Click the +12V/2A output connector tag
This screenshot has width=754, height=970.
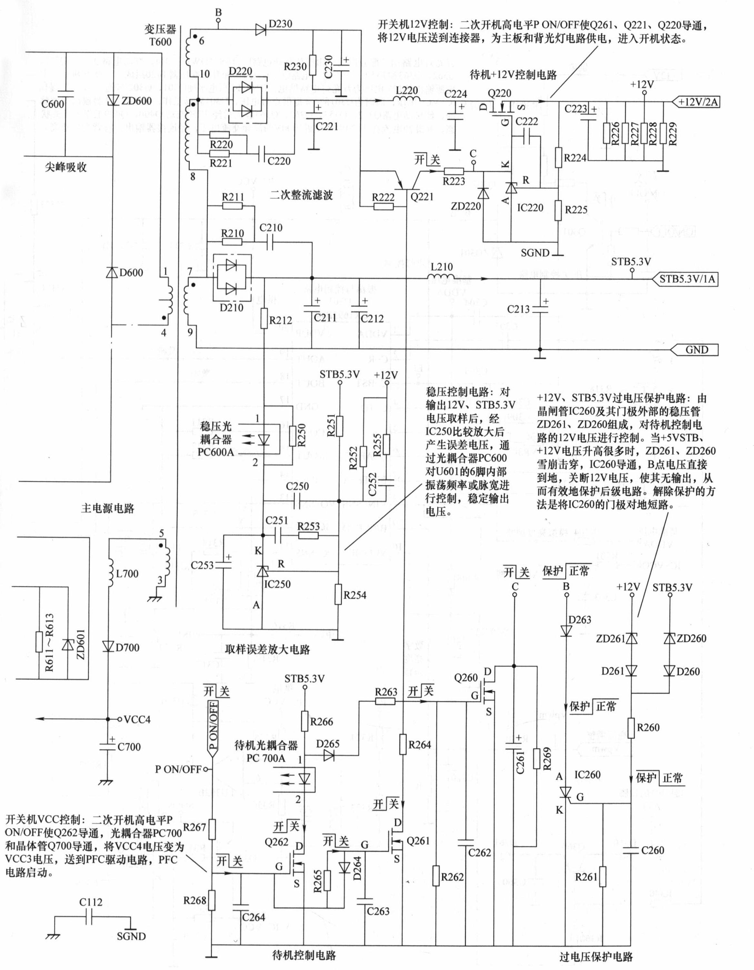[696, 102]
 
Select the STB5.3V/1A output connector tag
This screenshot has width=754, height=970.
[686, 279]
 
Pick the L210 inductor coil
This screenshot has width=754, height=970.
[441, 278]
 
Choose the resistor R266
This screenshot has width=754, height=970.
[305, 721]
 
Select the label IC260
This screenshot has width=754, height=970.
[587, 775]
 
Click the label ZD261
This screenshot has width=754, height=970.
[610, 639]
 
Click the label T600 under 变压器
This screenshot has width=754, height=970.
[160, 42]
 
